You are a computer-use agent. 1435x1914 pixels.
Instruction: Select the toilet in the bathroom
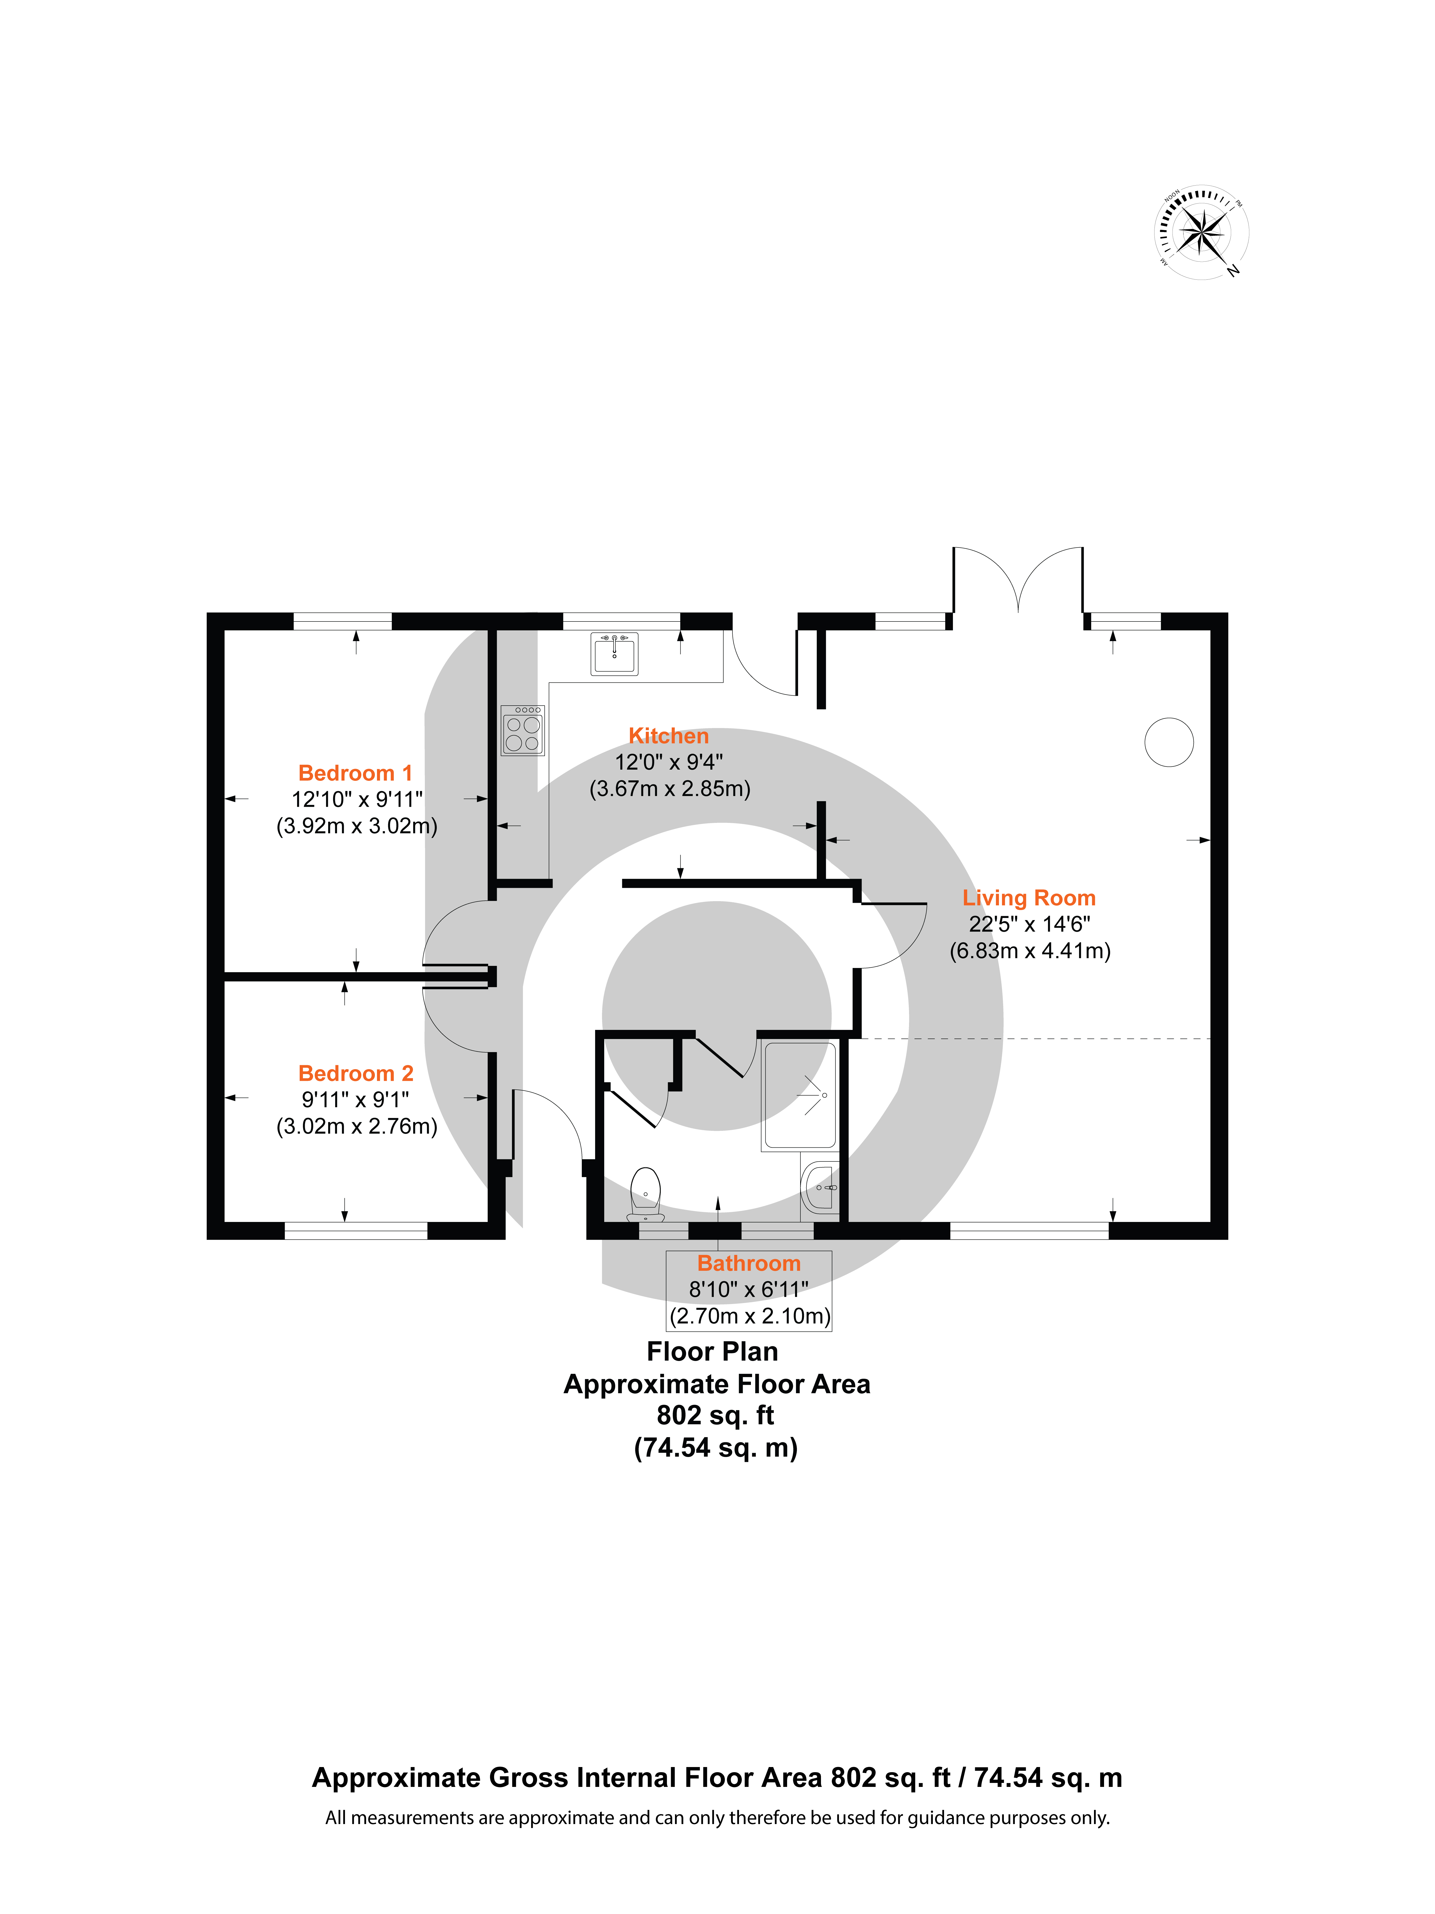645,1194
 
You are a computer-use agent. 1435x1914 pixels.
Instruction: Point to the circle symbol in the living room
1169,742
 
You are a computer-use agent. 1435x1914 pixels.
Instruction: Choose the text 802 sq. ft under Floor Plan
715,1415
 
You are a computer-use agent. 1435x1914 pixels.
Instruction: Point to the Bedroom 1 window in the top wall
343,621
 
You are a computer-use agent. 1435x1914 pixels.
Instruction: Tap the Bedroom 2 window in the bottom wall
355,1230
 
